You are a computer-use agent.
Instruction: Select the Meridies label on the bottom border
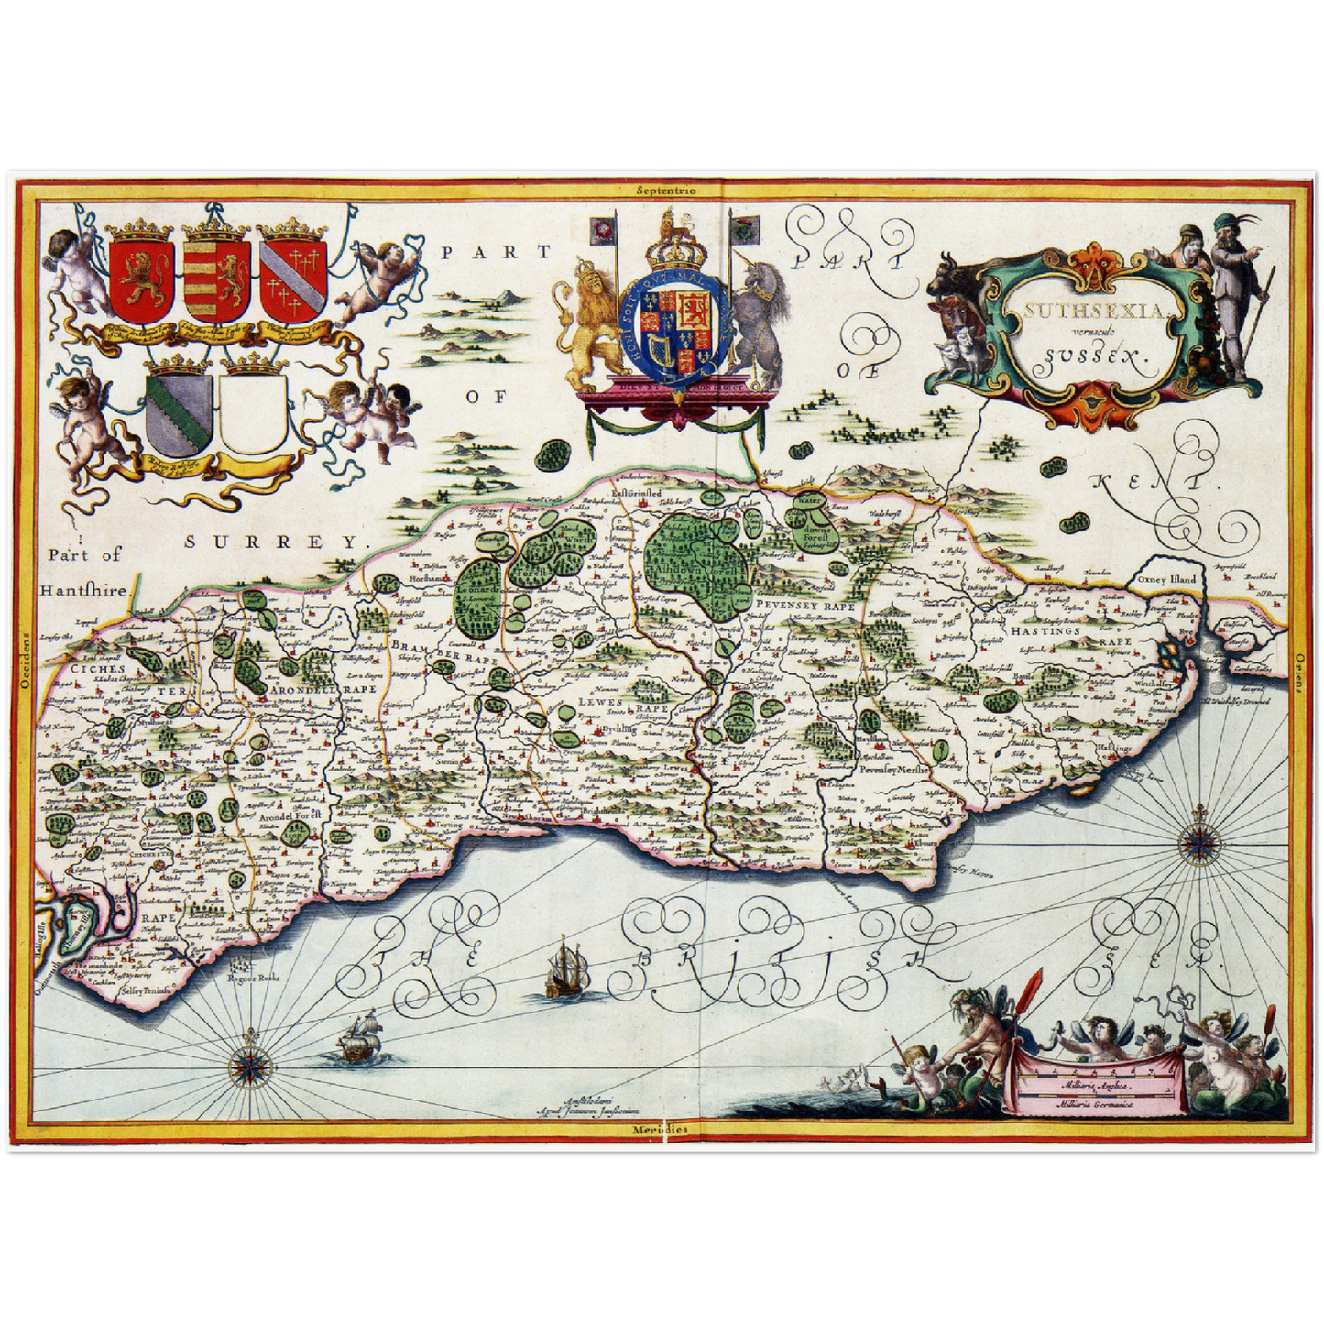coord(660,1129)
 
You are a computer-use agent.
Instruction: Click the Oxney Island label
coord(1166,580)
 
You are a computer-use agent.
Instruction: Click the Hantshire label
coord(82,591)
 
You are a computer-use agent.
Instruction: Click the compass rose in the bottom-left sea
coord(246,1064)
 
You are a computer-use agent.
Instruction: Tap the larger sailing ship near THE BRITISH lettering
coord(565,972)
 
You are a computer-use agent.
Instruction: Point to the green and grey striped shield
coord(179,410)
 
